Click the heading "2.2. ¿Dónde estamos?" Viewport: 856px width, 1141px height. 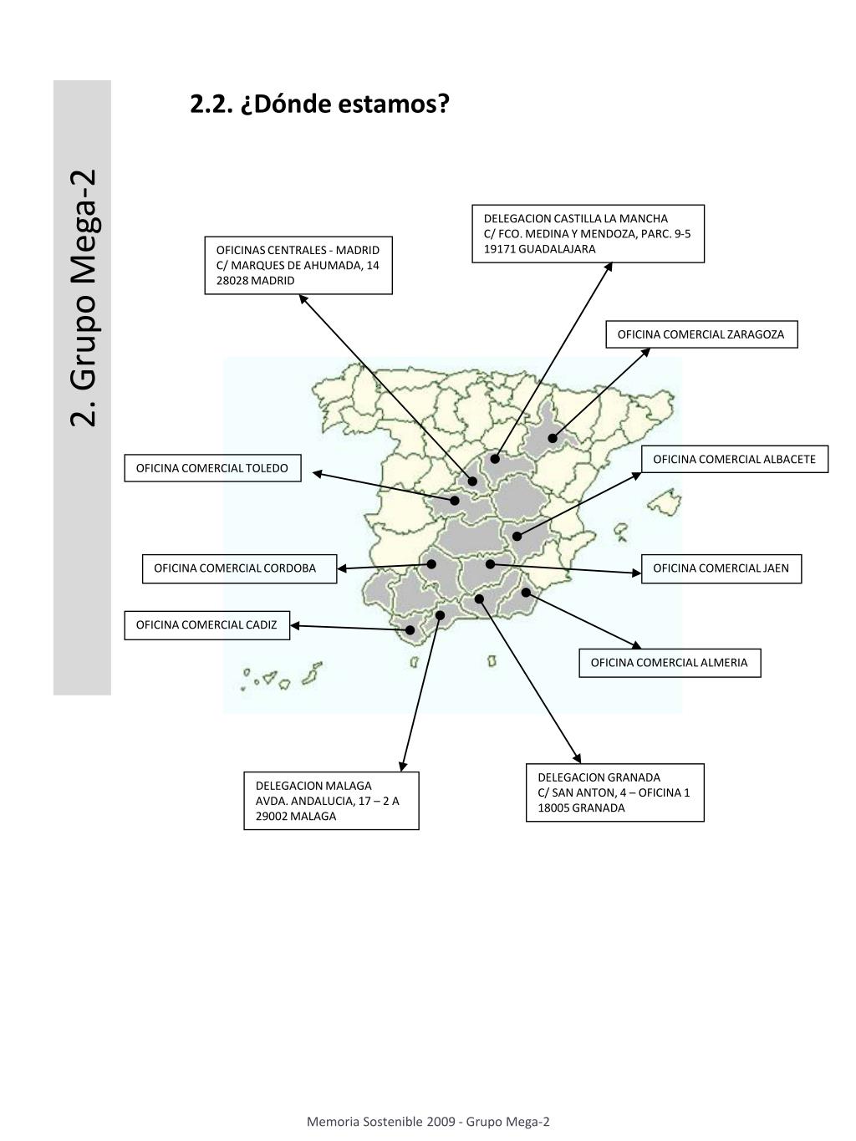pyautogui.click(x=319, y=104)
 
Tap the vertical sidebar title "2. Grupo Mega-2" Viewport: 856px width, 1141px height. pyautogui.click(x=84, y=298)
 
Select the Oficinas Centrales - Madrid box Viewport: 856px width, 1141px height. pyautogui.click(x=298, y=265)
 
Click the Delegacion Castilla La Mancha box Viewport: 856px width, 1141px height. pyautogui.click(x=588, y=233)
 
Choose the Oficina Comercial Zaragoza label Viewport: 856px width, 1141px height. pyautogui.click(x=701, y=334)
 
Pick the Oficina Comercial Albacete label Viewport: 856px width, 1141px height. pyautogui.click(x=735, y=459)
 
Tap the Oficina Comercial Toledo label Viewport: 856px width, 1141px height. pyautogui.click(x=212, y=468)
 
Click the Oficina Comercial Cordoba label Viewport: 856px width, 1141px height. pyautogui.click(x=236, y=568)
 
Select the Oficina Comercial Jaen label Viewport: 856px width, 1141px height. pyautogui.click(x=721, y=568)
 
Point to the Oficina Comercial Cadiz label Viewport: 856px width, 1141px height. pyautogui.click(x=207, y=624)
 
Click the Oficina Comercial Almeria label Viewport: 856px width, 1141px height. pyautogui.click(x=670, y=663)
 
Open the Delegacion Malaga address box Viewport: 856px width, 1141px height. pyautogui.click(x=331, y=801)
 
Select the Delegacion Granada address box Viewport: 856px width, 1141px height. pyautogui.click(x=615, y=792)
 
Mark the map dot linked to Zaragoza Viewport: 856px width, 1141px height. pyautogui.click(x=553, y=438)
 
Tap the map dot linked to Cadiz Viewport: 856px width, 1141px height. pyautogui.click(x=410, y=630)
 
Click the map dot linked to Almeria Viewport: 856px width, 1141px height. pyautogui.click(x=527, y=593)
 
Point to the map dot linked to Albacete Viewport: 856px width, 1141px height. pyautogui.click(x=517, y=536)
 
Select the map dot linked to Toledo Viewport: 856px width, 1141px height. pyautogui.click(x=455, y=501)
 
